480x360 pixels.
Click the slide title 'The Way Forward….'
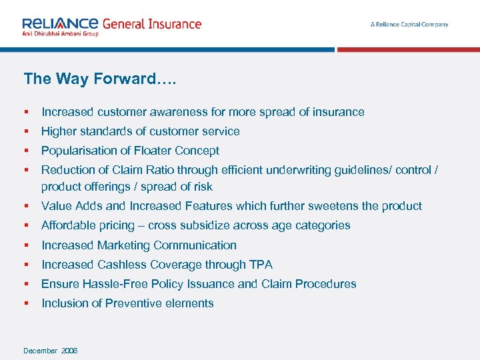coord(100,79)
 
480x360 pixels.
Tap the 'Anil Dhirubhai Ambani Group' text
coord(60,33)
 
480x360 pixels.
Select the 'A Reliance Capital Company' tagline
coord(409,25)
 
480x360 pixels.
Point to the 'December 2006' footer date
coord(51,351)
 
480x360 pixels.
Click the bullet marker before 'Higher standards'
coord(25,131)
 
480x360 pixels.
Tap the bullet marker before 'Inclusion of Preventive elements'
coord(25,303)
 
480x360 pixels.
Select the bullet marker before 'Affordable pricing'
coord(25,225)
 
